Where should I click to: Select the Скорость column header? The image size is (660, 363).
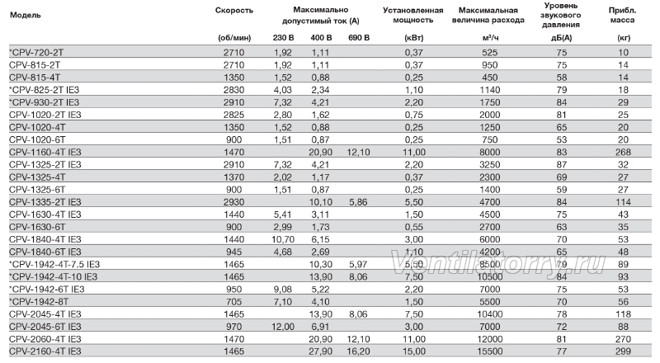[234, 11]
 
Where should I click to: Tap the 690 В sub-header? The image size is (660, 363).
[359, 38]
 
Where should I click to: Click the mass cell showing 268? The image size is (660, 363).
[623, 153]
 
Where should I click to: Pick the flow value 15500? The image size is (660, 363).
[489, 351]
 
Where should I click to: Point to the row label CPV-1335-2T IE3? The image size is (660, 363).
[45, 202]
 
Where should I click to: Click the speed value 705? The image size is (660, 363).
[234, 302]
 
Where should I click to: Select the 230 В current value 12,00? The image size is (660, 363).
[282, 327]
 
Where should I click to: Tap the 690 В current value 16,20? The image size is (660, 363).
[359, 351]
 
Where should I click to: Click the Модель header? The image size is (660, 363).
[26, 15]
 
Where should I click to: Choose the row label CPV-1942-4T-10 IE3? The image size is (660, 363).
[53, 277]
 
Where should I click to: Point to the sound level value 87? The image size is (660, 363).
[562, 165]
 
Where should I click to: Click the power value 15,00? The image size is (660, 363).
[414, 351]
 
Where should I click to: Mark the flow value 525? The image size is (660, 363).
[489, 53]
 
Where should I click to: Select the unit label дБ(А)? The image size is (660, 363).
[562, 38]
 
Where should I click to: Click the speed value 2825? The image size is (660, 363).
[234, 115]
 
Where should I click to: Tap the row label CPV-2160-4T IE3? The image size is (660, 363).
[45, 351]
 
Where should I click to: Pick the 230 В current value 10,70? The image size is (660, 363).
[282, 239]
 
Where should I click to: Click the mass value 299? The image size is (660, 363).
[623, 351]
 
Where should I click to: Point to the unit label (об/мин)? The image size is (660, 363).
[234, 38]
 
